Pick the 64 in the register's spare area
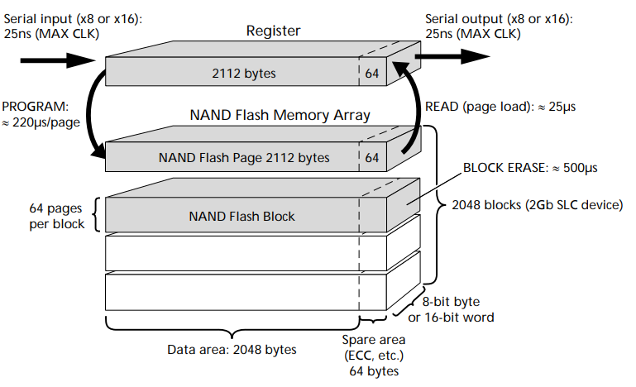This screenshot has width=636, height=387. pos(372,74)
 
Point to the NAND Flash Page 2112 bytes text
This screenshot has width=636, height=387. pos(244,157)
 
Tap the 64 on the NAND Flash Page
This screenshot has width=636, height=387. pos(372,157)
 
